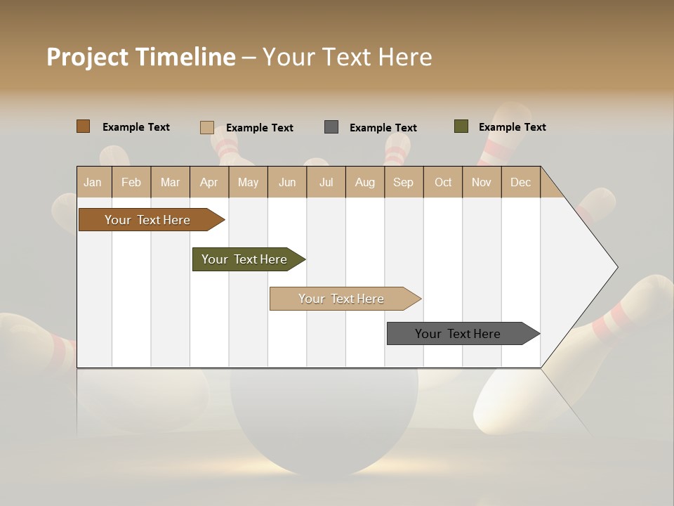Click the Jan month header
93,183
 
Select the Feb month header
131,183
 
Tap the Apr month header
209,183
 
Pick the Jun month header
287,183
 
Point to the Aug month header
364,183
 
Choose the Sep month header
403,183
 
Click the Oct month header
443,183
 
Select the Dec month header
520,183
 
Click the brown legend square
84,126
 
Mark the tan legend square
206,127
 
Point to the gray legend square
331,127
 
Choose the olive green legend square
461,126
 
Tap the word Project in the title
87,57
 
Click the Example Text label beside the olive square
512,127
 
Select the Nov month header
482,183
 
